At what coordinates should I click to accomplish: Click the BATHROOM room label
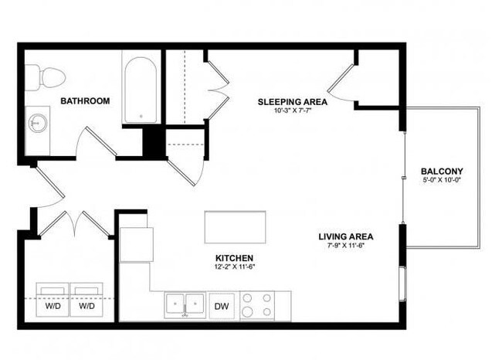tap(85, 100)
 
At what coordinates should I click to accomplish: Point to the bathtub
tap(141, 91)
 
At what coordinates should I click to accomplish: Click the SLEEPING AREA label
tap(292, 101)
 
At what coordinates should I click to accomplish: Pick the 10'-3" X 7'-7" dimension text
tap(292, 110)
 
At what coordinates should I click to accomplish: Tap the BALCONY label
tap(442, 171)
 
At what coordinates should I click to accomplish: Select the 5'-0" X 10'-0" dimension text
tap(442, 180)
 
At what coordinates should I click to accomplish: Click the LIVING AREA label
tap(346, 236)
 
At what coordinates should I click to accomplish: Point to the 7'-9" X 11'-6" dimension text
tap(346, 246)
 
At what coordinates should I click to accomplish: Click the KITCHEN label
tap(235, 258)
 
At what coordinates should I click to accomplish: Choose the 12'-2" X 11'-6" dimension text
tap(235, 267)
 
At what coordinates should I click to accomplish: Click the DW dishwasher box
tap(222, 305)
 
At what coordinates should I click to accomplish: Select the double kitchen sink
tap(185, 304)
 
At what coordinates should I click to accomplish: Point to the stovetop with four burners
tap(257, 304)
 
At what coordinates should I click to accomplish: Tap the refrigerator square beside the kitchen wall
tap(137, 246)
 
